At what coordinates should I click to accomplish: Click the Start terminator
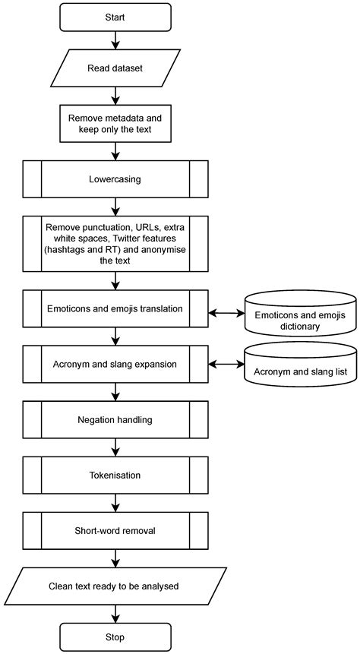115,17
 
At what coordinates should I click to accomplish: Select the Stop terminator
115,637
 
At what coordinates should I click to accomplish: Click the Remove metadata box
115,124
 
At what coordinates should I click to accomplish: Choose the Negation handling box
115,419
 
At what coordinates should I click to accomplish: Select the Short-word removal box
115,529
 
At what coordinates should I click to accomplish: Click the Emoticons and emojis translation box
115,308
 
